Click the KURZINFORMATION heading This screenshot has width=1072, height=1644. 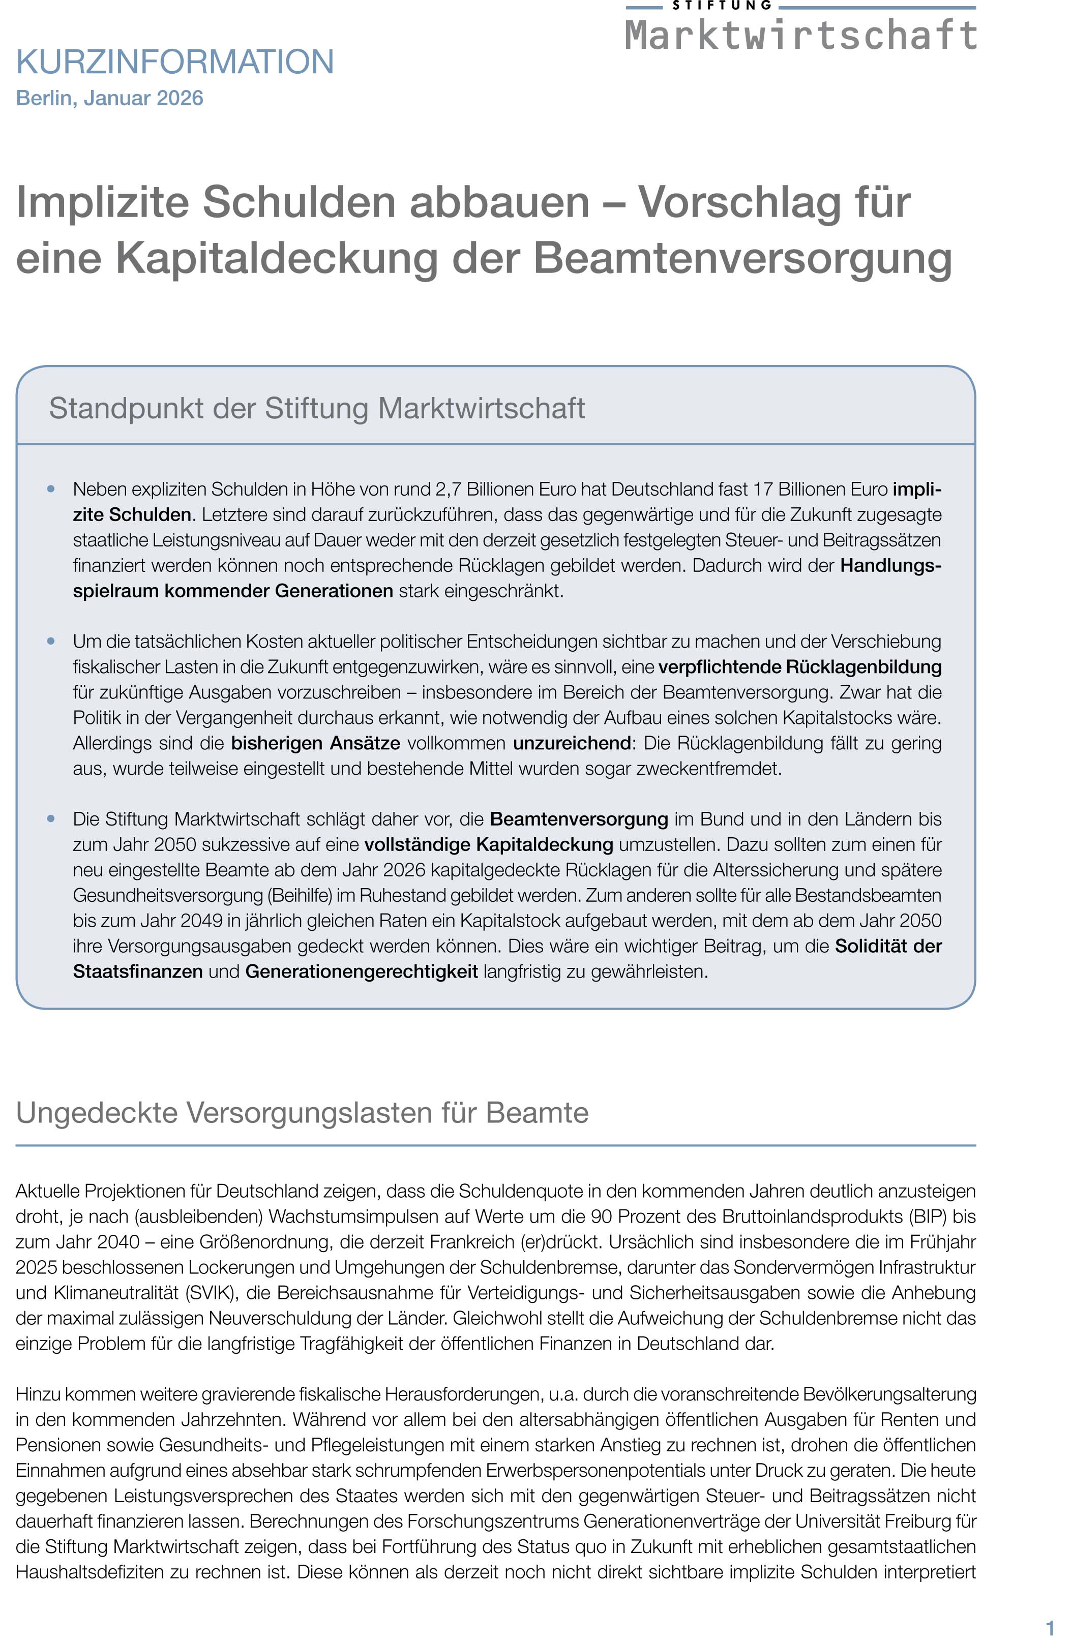click(x=175, y=62)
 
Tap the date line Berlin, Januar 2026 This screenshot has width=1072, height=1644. click(x=109, y=98)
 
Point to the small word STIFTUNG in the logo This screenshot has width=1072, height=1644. click(x=722, y=6)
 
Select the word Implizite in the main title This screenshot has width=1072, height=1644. click(x=102, y=202)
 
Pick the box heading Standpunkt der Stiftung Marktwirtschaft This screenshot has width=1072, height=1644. click(x=316, y=408)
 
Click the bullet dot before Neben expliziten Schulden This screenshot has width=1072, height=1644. click(x=50, y=489)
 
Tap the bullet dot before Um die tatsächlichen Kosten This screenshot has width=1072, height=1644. click(x=50, y=641)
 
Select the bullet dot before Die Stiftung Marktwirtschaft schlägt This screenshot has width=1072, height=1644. click(x=50, y=818)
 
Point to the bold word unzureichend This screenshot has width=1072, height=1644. click(x=572, y=743)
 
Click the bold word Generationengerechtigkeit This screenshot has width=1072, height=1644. click(x=362, y=972)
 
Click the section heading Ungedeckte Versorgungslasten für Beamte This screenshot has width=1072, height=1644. click(x=302, y=1113)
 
